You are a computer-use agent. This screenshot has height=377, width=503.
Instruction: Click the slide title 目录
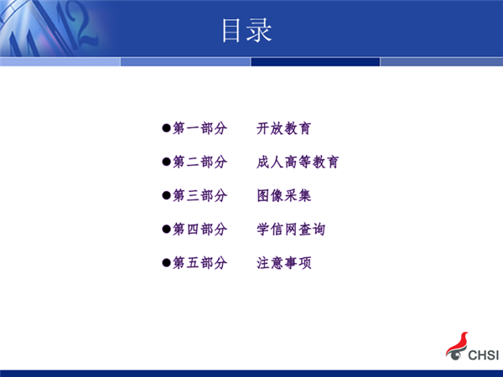(247, 30)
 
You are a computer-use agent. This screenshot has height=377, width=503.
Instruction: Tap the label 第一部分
(200, 128)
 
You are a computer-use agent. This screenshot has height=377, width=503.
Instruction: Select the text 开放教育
(283, 128)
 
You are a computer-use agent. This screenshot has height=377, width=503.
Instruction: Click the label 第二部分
(200, 162)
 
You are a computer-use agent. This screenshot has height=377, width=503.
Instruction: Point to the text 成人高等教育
(298, 162)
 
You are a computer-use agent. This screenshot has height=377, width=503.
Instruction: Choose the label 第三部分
(200, 195)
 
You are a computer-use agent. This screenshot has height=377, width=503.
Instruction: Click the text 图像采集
(283, 195)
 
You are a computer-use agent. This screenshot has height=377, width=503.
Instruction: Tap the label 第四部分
(200, 230)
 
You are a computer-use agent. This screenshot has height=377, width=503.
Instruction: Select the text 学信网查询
(291, 230)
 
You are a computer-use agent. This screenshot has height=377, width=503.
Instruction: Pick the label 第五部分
(200, 263)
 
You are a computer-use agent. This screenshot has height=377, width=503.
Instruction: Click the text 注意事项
(283, 263)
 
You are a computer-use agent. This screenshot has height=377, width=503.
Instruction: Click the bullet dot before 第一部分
(166, 128)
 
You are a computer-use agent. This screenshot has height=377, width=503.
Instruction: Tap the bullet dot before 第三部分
(166, 195)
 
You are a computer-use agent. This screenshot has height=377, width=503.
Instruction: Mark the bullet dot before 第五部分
(166, 263)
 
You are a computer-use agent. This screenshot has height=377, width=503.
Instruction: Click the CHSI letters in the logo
(484, 355)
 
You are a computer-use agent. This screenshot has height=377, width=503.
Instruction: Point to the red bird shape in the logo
(459, 343)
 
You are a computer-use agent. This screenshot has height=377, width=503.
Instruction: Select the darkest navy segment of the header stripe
(315, 61)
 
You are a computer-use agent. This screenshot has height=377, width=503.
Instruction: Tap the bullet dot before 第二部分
(166, 162)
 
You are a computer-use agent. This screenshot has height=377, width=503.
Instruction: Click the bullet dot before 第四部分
(166, 230)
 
